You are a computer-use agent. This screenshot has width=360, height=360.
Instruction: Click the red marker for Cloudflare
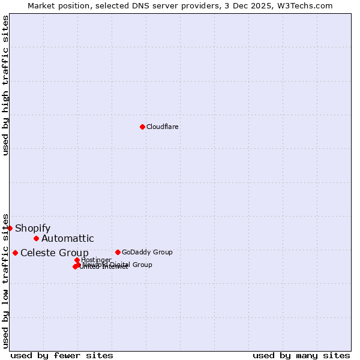(x=142, y=127)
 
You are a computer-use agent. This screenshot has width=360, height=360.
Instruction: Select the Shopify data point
(x=10, y=228)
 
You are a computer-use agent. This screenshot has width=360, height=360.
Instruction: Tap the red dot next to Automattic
(x=36, y=239)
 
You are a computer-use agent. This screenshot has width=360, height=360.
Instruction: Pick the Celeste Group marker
(x=15, y=253)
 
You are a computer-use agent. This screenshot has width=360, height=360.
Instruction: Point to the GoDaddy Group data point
(x=118, y=252)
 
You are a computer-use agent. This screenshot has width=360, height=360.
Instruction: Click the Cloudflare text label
(x=163, y=127)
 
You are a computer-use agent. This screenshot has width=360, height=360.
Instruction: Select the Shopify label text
(x=32, y=228)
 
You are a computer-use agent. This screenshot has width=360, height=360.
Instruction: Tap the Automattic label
(x=68, y=239)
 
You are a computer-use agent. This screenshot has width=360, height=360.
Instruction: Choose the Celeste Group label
(x=55, y=253)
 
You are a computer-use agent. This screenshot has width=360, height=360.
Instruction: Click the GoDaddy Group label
(x=147, y=252)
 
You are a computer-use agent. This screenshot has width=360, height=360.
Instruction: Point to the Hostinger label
(x=96, y=260)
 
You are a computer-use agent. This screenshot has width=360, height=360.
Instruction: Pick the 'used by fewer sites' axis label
(x=62, y=355)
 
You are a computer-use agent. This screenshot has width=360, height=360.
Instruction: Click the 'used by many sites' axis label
(x=301, y=355)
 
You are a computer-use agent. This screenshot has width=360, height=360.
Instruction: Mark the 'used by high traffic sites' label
(x=5, y=85)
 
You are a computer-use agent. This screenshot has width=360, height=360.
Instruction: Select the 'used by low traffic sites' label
(x=5, y=280)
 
